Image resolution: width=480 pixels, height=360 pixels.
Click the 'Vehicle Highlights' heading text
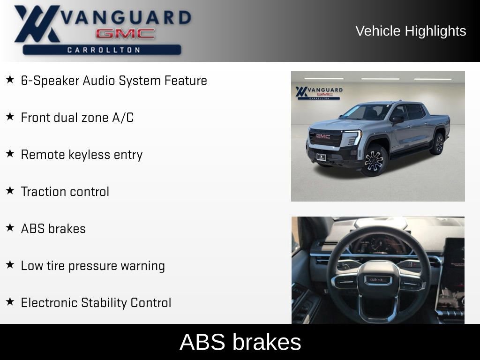tap(411, 31)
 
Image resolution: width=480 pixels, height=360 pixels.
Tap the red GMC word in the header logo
tap(125, 34)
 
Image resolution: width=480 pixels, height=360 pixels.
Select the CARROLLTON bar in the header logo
tap(102, 50)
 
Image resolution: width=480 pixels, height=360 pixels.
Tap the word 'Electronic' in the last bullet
tap(49, 303)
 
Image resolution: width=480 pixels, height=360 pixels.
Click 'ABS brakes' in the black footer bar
tap(240, 342)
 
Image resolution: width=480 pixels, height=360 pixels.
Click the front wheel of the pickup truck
tap(374, 160)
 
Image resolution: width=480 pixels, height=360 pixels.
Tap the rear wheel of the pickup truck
tap(438, 143)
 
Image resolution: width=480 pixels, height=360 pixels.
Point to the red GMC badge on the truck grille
tap(323, 136)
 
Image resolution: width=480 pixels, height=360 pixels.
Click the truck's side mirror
tap(397, 120)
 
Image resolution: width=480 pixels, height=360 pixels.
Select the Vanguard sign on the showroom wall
tap(319, 92)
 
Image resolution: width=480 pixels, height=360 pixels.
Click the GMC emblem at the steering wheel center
tap(378, 280)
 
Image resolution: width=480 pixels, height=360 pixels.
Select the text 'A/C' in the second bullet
tap(122, 118)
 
